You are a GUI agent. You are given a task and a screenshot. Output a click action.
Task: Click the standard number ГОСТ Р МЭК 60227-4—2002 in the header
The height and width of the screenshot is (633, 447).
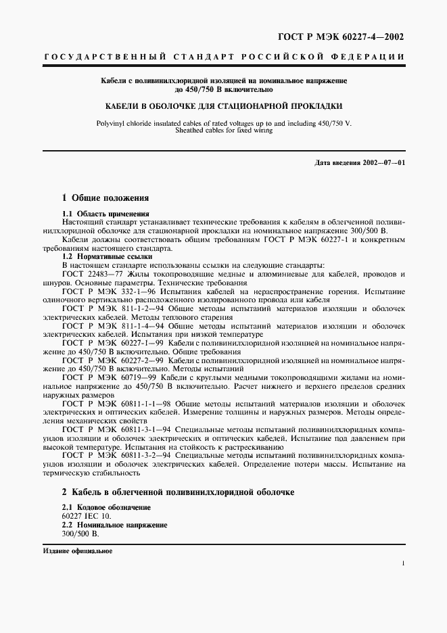tap(352, 37)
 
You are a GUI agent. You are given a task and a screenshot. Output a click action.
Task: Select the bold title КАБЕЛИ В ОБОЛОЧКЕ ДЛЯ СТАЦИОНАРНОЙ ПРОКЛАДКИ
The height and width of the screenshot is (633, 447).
tap(222, 106)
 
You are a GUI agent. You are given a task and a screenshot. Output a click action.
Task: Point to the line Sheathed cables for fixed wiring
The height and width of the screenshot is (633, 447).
tap(222, 130)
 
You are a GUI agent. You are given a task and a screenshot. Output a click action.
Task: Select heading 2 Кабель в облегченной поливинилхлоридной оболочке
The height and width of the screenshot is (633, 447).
tap(178, 492)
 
